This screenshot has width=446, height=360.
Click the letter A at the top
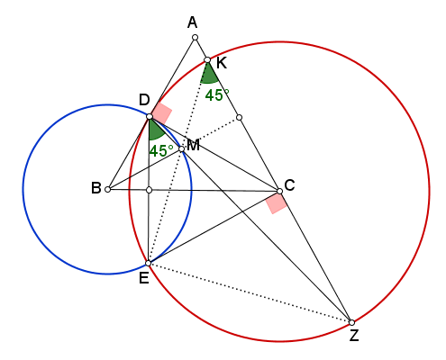pos(192,22)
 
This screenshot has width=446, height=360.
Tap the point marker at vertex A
pos(195,38)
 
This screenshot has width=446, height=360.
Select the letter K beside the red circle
pos(222,63)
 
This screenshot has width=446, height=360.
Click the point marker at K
pos(207,60)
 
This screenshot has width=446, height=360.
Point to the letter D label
pos(144,100)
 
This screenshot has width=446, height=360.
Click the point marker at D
pos(150,116)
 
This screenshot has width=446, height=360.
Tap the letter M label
pos(194,146)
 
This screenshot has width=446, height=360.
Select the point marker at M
pos(181,148)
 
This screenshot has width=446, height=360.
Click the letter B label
pos(96,188)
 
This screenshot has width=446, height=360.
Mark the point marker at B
pos(108,189)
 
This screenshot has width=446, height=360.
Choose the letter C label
pos(289,185)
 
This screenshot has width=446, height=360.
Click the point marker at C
pos(279,191)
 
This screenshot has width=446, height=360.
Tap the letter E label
pos(144,279)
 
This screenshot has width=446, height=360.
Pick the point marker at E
pos(149,264)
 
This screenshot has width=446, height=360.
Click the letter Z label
pos(354,336)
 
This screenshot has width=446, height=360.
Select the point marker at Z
pos(352,322)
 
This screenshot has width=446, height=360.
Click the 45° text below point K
pos(217,95)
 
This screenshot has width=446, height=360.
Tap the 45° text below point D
pos(161,151)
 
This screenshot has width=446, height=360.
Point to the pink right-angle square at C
pos(277,203)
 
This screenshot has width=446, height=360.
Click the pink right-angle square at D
pos(161,113)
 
